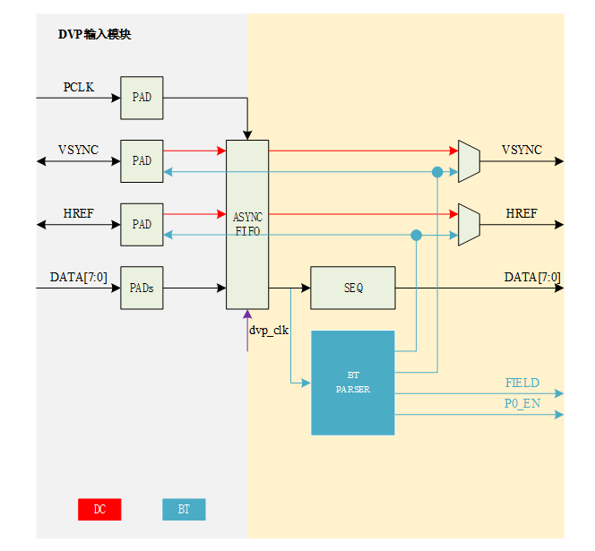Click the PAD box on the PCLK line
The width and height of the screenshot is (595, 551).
pos(142,98)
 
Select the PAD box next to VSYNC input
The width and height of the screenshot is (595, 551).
pos(142,161)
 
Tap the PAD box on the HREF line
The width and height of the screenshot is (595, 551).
pos(142,224)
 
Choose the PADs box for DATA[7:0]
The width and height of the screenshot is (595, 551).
pos(142,288)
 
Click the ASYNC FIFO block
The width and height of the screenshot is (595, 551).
pos(247,224)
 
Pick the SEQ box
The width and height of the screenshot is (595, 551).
pos(352,288)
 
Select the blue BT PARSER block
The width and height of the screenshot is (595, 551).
pos(353,383)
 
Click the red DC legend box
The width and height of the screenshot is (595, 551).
pos(99,510)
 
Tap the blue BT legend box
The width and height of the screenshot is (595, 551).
pos(184,510)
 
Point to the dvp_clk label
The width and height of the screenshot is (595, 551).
pos(269,331)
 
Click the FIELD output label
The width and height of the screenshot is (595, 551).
pos(522,383)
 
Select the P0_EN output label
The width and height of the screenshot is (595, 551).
pos(522,404)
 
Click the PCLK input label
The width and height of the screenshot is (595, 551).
pos(79,88)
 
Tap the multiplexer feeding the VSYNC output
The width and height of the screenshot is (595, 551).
pos(469,161)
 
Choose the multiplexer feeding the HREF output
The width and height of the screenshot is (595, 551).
pos(469,224)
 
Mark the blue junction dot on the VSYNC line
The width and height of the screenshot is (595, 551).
pos(437,172)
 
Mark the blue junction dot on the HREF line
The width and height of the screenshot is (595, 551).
pos(416,235)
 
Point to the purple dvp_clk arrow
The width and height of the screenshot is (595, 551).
pos(247,331)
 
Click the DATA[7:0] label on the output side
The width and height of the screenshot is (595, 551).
pos(532,278)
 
